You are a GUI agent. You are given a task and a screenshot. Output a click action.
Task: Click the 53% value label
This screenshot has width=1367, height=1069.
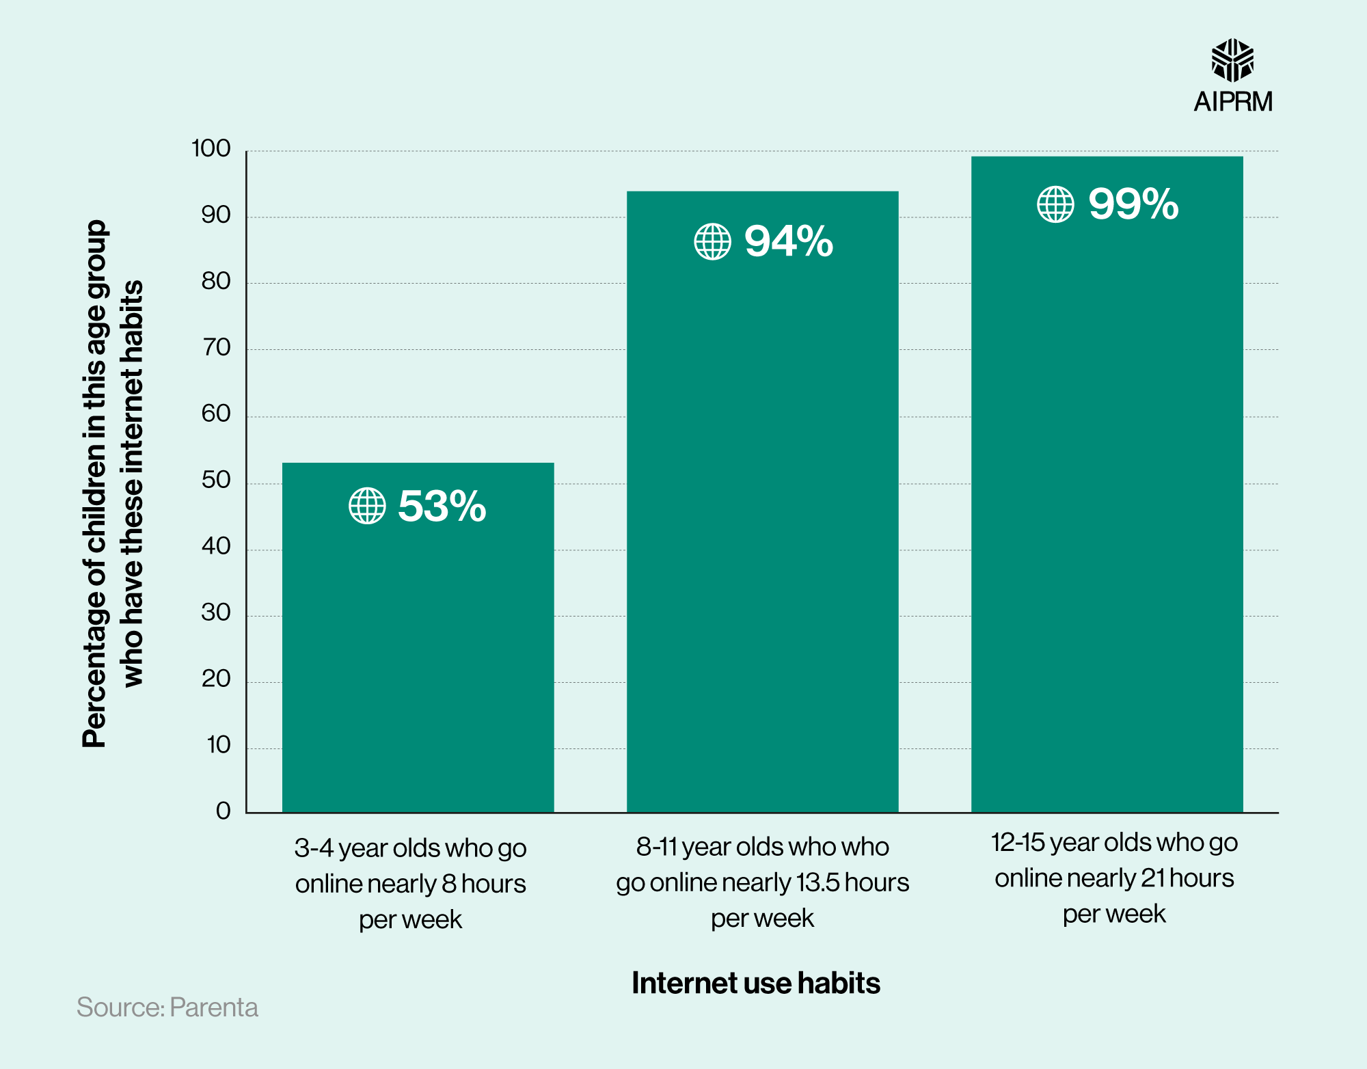442,506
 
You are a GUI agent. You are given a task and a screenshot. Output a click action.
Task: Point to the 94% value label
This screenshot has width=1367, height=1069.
788,241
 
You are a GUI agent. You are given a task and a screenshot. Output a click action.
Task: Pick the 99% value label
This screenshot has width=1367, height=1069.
1133,204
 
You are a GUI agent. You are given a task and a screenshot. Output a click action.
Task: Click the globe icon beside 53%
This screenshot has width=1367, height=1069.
367,506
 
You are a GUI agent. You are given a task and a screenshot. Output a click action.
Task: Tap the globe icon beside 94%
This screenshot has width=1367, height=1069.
712,241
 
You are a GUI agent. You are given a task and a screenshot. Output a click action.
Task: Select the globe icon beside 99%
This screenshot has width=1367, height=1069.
1055,204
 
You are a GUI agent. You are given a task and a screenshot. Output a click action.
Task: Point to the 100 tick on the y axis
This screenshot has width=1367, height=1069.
211,148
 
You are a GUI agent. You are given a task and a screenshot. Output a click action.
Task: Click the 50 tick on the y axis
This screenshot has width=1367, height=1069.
216,481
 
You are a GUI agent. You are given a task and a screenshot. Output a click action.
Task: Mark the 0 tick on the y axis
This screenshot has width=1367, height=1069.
224,811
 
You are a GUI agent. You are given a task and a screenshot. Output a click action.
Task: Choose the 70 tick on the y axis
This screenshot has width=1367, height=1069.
216,348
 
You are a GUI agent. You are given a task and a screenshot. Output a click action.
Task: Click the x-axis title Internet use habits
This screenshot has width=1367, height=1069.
755,983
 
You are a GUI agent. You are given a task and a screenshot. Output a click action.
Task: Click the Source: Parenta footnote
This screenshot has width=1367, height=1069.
167,1007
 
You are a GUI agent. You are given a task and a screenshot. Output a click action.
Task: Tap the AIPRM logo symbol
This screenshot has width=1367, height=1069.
1232,60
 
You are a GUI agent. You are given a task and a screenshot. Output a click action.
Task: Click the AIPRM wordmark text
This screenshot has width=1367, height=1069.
1233,102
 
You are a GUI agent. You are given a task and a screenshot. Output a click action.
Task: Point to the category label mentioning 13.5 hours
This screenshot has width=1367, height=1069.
762,882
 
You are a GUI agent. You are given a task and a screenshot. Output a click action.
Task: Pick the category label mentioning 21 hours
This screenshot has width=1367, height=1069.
1114,878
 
